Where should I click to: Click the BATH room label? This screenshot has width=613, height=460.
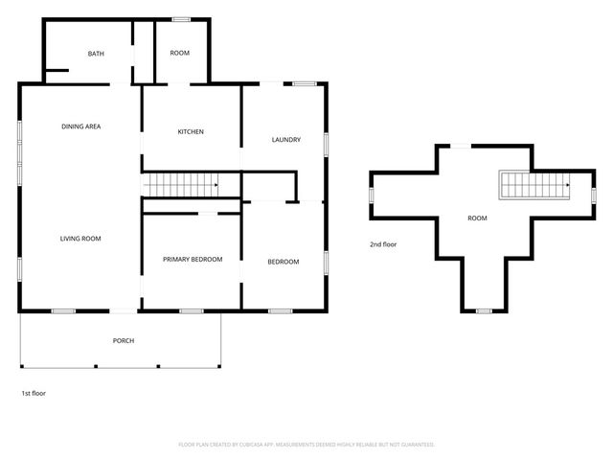[96, 54]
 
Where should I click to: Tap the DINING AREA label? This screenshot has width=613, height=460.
[81, 126]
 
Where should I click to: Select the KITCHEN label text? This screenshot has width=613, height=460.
[191, 131]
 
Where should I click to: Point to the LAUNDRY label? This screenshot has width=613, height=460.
[286, 140]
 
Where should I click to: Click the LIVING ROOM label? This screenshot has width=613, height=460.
[80, 239]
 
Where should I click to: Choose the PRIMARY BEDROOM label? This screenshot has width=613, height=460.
[192, 260]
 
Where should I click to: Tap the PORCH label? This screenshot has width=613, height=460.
[123, 340]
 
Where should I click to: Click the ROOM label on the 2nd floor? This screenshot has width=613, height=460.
[477, 218]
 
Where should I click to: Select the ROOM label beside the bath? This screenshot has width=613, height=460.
[180, 54]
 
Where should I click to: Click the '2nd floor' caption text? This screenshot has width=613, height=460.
[383, 244]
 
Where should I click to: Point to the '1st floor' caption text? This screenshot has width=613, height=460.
[34, 393]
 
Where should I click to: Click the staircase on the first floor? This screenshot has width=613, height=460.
[181, 184]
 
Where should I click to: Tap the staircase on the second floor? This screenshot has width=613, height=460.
[534, 185]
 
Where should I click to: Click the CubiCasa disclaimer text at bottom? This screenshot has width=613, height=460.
[306, 445]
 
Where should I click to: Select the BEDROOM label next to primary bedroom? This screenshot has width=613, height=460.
[283, 262]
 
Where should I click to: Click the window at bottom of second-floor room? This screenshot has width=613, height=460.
[484, 310]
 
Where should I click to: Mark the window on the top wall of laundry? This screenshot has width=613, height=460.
[306, 84]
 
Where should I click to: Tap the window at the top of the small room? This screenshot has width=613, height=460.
[180, 19]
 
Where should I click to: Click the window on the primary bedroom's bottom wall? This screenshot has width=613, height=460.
[192, 310]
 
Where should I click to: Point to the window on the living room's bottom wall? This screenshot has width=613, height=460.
[63, 310]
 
